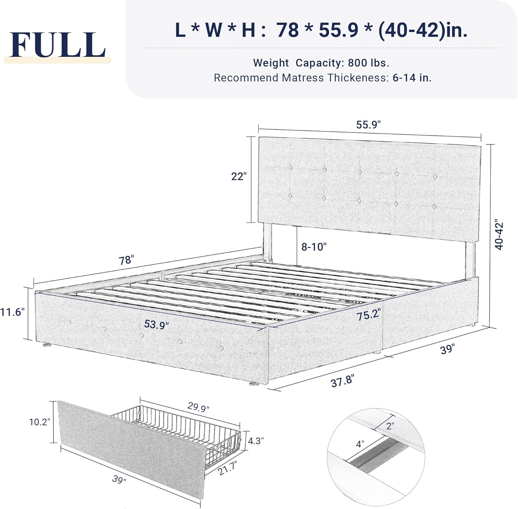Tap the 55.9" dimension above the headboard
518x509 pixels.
pos(368,124)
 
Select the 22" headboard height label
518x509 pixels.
pos(239,176)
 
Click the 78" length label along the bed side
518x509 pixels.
pos(126,260)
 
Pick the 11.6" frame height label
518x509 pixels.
pos(12,312)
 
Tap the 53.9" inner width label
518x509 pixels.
pos(156,324)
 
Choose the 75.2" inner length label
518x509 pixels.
pos(369,314)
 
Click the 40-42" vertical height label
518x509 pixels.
pos(499,234)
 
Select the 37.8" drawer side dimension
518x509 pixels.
pos(343,381)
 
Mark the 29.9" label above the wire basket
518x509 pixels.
pos(199,407)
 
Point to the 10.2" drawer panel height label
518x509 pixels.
pos(40,422)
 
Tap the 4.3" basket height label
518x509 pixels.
pos(256,441)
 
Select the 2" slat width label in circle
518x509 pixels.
pos(390,426)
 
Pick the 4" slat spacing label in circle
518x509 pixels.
pos(360,444)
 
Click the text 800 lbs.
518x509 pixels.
pos(368,63)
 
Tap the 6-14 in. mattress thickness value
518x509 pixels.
pos(412,78)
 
